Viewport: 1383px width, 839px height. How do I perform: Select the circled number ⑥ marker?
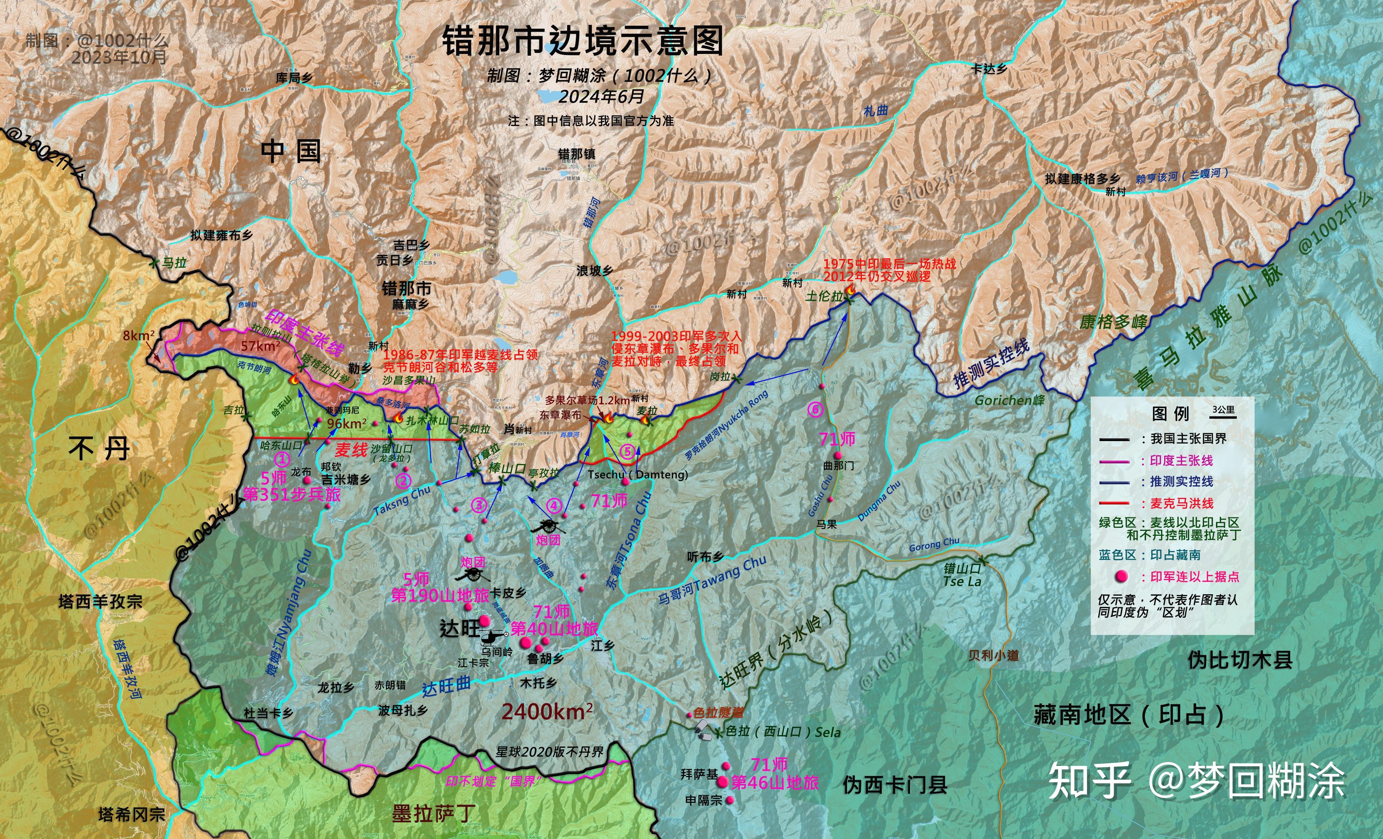click(815, 409)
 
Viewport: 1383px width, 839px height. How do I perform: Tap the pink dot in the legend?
click(1121, 576)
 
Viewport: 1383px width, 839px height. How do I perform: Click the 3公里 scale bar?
click(1224, 413)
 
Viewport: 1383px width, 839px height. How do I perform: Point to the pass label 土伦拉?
click(824, 296)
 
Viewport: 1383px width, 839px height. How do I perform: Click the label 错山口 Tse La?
click(962, 574)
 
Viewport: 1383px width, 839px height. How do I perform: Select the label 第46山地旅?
click(774, 782)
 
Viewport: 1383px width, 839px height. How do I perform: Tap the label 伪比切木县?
click(1239, 660)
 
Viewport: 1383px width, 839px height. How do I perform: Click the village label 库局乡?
click(294, 78)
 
